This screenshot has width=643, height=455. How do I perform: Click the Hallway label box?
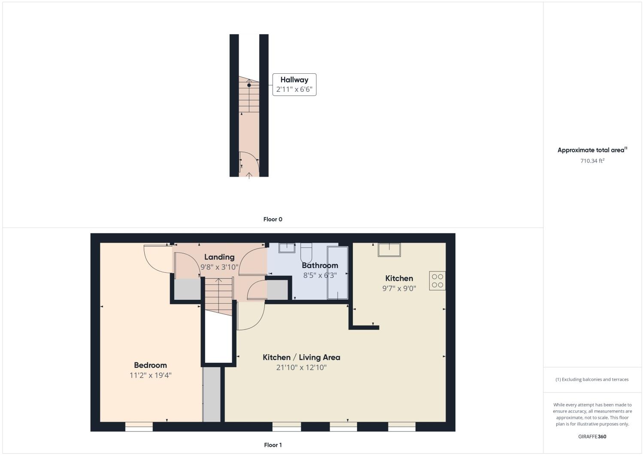click(294, 84)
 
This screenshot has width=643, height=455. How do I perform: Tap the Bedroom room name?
click(150, 365)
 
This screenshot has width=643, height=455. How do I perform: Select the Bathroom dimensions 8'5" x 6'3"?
click(320, 275)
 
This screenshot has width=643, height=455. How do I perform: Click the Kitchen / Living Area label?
click(301, 357)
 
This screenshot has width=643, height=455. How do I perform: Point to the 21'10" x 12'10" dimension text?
click(301, 368)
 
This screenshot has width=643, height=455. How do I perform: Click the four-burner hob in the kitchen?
click(437, 281)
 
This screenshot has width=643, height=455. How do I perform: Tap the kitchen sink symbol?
click(389, 250)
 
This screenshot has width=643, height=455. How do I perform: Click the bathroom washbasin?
click(287, 248)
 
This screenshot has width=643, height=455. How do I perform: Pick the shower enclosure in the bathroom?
click(337, 272)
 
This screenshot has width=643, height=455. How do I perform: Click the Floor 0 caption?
click(273, 219)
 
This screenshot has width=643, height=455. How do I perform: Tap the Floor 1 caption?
click(273, 445)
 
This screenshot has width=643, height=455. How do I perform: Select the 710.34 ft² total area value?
click(592, 161)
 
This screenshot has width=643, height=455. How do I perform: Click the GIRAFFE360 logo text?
click(592, 437)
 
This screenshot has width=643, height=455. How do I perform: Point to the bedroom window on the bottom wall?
click(139, 426)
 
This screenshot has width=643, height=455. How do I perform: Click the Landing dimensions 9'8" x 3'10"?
click(219, 267)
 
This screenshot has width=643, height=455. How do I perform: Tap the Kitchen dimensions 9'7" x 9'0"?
click(399, 289)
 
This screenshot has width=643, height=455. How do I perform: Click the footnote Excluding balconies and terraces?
click(592, 380)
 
